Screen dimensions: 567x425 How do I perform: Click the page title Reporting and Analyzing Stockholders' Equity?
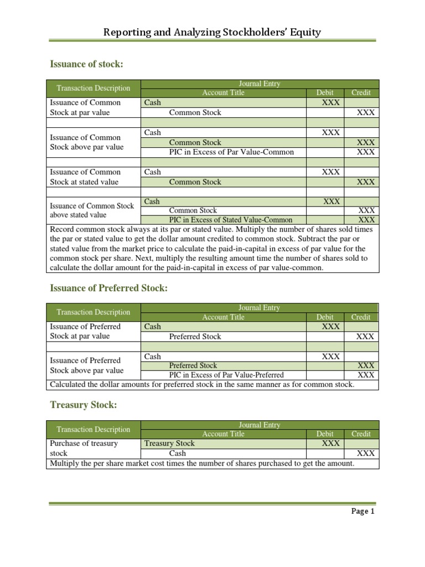(212, 32)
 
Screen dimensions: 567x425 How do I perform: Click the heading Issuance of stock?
(86, 65)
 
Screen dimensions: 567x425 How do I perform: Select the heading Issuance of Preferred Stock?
(108, 288)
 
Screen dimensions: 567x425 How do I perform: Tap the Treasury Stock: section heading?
(84, 405)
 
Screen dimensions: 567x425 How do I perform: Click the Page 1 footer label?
(363, 511)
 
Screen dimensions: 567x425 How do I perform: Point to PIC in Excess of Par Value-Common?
(231, 152)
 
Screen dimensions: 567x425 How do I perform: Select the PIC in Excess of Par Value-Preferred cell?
(226, 375)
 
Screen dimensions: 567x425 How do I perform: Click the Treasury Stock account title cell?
(169, 443)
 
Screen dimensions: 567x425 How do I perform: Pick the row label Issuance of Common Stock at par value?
(85, 107)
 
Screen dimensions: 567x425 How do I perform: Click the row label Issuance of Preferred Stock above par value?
(86, 365)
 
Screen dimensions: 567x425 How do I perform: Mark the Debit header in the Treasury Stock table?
(325, 434)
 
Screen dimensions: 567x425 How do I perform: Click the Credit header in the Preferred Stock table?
(361, 317)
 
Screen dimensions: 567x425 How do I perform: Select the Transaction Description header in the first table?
(94, 88)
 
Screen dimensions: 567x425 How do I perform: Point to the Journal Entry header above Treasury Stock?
(259, 425)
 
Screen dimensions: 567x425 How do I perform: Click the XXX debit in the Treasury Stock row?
(331, 443)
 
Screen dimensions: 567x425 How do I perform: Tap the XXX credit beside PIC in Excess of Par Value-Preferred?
(366, 375)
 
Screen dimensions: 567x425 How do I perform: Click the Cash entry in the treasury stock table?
(178, 453)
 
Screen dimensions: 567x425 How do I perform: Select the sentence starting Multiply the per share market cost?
(202, 463)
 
